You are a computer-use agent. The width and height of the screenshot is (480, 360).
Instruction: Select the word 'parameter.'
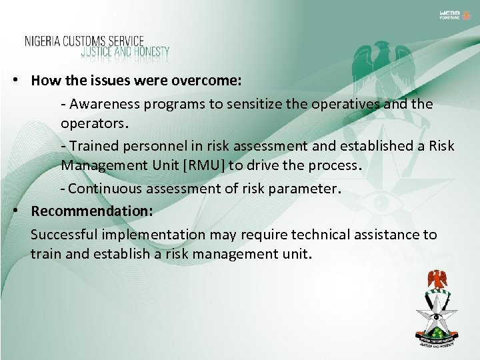[x=309, y=189]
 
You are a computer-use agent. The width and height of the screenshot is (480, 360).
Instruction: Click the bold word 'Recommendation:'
[x=92, y=211]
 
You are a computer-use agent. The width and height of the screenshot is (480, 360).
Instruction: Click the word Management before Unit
[x=96, y=166]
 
